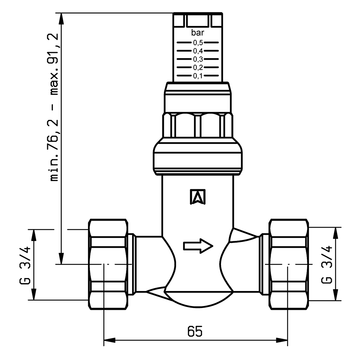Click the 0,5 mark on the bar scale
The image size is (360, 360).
198,43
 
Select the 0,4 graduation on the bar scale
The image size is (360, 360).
198,51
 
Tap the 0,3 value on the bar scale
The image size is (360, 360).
198,59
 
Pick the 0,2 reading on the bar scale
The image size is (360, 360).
198,68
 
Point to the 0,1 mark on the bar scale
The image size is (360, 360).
198,76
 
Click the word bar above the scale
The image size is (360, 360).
198,33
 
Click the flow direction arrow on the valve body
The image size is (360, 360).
198,246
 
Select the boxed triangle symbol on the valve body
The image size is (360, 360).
198,197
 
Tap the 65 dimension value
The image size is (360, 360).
195,331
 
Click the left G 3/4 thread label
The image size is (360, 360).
25,265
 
